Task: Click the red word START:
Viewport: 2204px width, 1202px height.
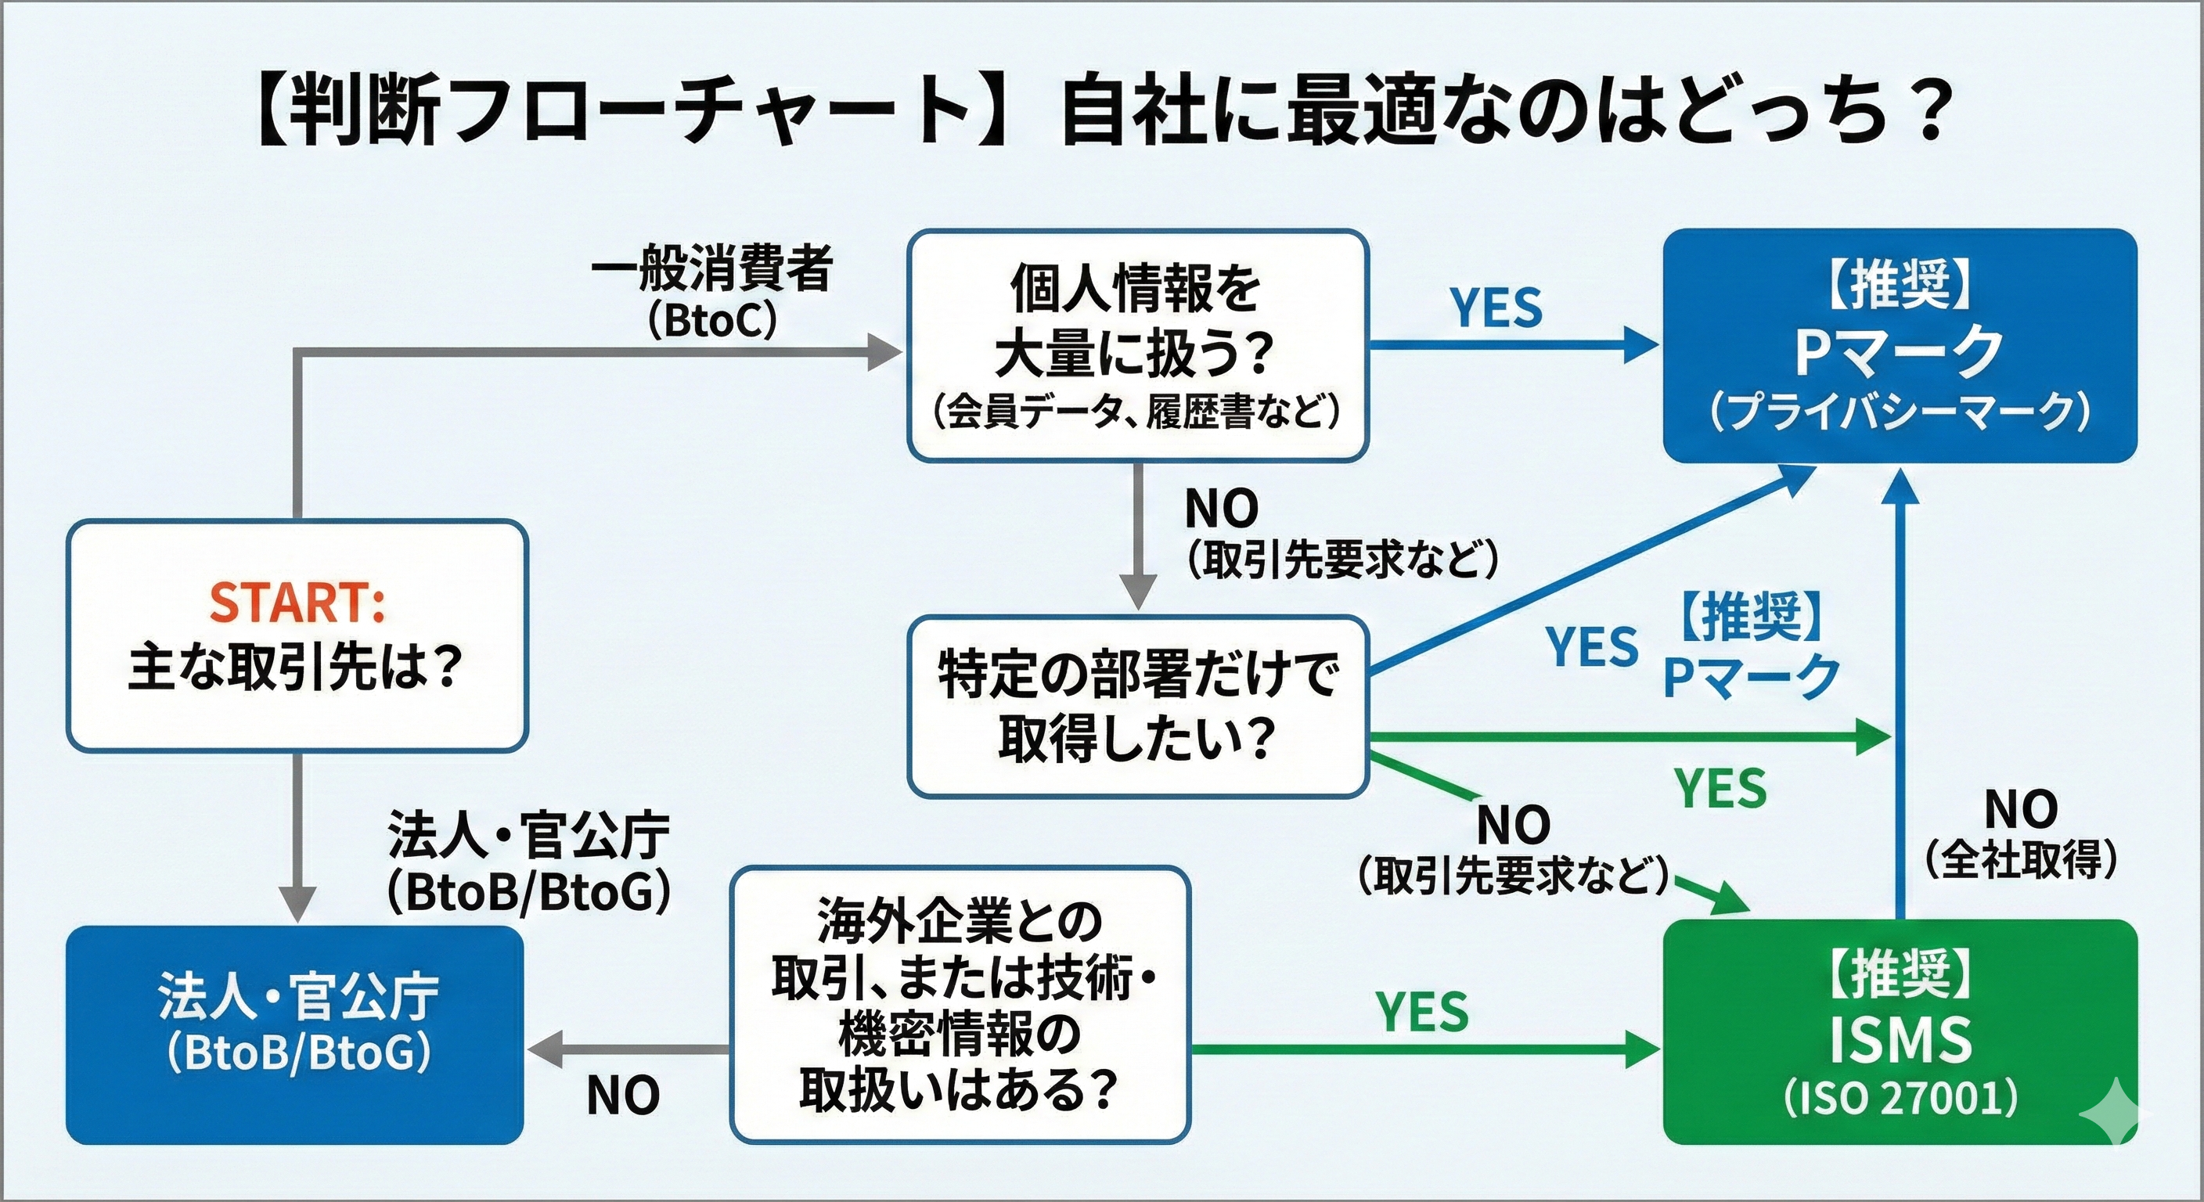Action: (297, 603)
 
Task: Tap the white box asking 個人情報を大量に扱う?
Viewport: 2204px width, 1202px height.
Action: (1137, 346)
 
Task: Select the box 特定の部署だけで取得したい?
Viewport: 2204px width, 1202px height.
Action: (1137, 707)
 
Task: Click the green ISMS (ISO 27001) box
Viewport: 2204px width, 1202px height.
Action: (1900, 1031)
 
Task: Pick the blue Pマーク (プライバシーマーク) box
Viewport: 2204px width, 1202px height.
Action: (1900, 346)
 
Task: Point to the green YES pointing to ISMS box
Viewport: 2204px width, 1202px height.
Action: (1422, 1011)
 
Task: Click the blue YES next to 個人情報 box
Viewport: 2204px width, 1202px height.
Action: (1496, 308)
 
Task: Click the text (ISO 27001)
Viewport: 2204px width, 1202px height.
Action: (1900, 1099)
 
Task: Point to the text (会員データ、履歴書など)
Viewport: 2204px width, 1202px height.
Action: (1137, 412)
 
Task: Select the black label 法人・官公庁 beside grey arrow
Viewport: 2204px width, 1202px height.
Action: (528, 835)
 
